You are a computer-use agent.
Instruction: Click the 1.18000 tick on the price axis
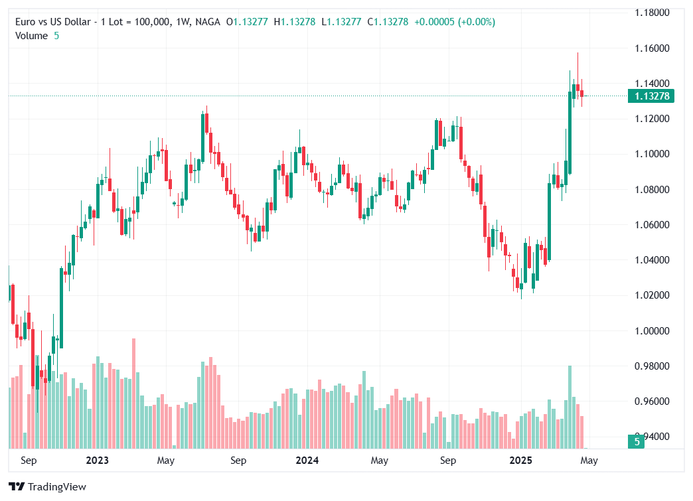[x=651, y=13]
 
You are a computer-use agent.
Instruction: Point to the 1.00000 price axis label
[x=651, y=331]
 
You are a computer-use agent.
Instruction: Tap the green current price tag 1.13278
[x=651, y=96]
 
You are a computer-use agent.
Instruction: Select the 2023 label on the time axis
[x=97, y=461]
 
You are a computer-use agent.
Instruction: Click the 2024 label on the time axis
[x=307, y=461]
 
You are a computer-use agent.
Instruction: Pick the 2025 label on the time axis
[x=521, y=461]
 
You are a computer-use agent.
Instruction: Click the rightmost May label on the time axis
[x=589, y=461]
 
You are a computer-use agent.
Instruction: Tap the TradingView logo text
[x=57, y=487]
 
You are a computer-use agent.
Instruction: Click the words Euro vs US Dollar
[x=52, y=22]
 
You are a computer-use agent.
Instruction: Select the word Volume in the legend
[x=31, y=36]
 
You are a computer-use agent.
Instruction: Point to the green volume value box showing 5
[x=637, y=441]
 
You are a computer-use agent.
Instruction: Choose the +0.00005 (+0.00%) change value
[x=454, y=22]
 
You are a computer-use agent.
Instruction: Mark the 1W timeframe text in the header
[x=181, y=22]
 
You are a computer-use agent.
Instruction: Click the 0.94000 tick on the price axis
[x=651, y=437]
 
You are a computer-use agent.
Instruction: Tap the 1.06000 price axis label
[x=651, y=225]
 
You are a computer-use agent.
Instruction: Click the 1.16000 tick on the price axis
[x=651, y=48]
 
